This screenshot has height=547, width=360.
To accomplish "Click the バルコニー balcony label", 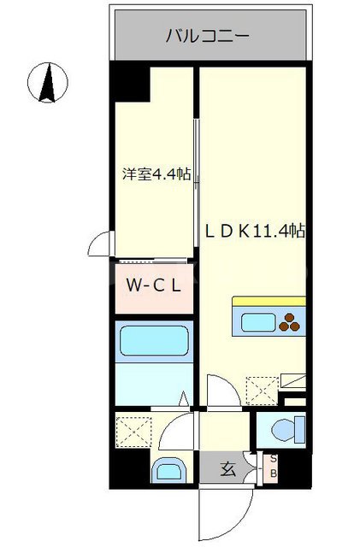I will (207, 36).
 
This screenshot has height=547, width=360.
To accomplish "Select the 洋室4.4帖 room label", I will (155, 175).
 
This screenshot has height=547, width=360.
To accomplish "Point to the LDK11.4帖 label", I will (254, 229).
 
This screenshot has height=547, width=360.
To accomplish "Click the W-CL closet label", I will (154, 286).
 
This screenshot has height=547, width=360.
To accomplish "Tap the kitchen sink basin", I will (255, 322).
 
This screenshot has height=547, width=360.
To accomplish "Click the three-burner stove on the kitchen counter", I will (291, 322).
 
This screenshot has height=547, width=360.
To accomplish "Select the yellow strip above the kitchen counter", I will (269, 301).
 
